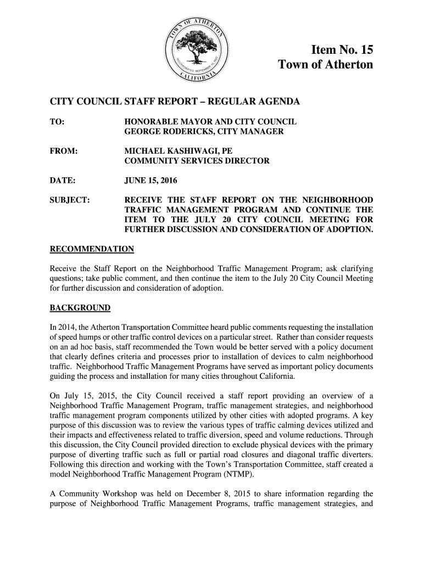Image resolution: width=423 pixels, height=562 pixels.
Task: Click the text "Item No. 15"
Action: pos(342,50)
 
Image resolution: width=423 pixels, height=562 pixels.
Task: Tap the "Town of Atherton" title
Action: pos(326,65)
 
